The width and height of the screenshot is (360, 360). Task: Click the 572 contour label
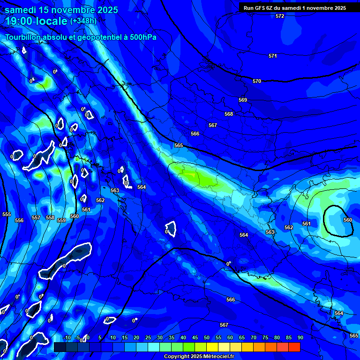click(x=280, y=16)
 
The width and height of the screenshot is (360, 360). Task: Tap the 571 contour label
click(x=272, y=56)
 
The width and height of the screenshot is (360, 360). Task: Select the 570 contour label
click(x=257, y=82)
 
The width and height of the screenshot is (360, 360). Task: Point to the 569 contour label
click(x=243, y=100)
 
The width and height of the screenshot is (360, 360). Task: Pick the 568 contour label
click(x=229, y=114)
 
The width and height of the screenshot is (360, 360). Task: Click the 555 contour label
click(x=7, y=214)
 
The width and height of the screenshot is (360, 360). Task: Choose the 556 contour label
click(x=19, y=220)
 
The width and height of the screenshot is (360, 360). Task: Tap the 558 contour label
click(x=50, y=217)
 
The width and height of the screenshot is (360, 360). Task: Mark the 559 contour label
click(x=61, y=220)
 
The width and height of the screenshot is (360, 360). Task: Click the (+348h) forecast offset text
click(x=83, y=21)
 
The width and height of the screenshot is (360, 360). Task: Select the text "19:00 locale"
click(x=36, y=21)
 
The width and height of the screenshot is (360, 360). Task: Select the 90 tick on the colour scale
click(x=300, y=337)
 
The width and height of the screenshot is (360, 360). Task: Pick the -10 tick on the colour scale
click(x=67, y=337)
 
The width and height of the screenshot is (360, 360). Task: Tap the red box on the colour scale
click(x=294, y=347)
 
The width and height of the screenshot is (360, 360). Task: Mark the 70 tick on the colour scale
click(x=253, y=337)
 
